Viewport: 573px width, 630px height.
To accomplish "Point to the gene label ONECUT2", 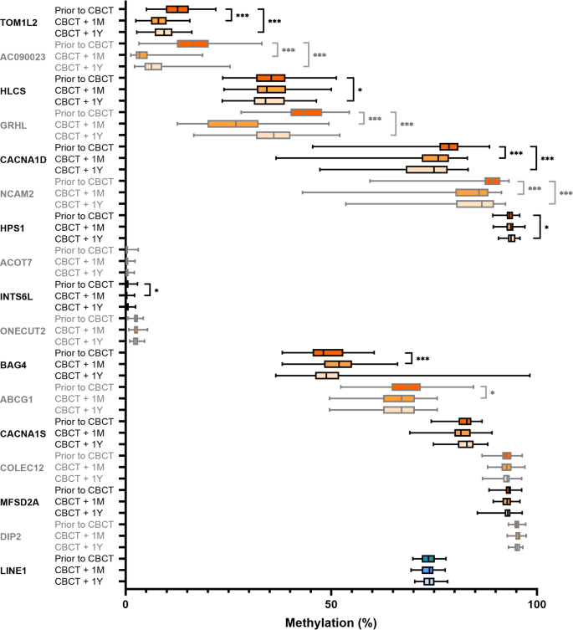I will (x=26, y=330).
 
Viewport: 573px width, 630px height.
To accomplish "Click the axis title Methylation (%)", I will (x=331, y=622).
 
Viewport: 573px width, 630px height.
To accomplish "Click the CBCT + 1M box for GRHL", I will (x=233, y=124).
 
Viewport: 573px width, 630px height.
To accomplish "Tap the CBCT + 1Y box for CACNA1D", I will (x=427, y=169).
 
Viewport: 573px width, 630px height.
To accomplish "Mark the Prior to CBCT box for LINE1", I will (x=428, y=558).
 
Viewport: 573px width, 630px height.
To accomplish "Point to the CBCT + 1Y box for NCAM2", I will (x=475, y=203).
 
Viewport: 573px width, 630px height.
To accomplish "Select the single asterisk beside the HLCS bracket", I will (x=360, y=90).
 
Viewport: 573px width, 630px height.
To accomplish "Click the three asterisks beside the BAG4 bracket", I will (x=422, y=358).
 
